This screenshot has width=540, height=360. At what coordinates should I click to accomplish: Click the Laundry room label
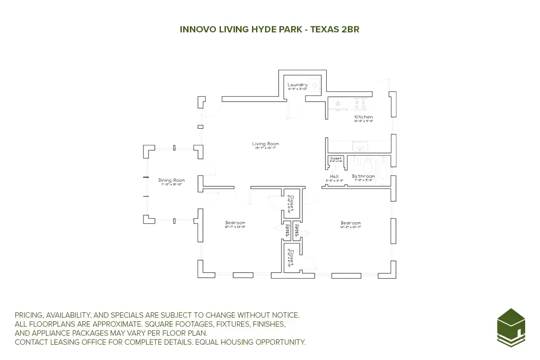(x=297, y=85)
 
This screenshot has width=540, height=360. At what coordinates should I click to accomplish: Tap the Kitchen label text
(x=363, y=117)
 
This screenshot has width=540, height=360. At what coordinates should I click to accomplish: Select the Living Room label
(x=266, y=144)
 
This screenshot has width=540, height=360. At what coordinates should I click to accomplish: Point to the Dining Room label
(x=171, y=180)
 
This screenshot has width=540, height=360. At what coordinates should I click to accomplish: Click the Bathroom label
(x=363, y=176)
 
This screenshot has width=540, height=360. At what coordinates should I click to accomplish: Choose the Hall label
(x=334, y=176)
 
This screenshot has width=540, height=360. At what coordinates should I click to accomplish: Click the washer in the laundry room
(x=315, y=84)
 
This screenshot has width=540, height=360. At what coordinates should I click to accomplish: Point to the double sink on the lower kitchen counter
(x=360, y=146)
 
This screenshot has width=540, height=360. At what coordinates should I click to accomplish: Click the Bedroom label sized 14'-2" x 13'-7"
(x=351, y=223)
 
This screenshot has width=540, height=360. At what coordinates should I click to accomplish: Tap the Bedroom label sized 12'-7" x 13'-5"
(x=235, y=223)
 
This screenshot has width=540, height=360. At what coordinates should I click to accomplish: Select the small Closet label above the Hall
(x=336, y=158)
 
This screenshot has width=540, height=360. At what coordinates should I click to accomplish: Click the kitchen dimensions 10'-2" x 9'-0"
(x=364, y=121)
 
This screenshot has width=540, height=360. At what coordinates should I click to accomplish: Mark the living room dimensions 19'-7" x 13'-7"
(x=266, y=148)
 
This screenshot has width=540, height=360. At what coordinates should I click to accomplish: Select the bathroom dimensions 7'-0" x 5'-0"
(x=363, y=180)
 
